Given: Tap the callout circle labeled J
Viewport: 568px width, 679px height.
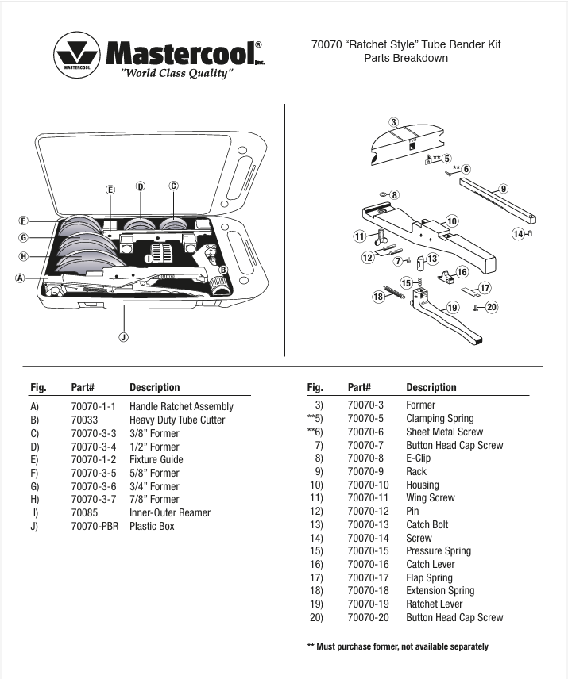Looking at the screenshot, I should coord(123,337).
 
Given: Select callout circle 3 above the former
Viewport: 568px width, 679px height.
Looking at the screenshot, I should coord(393,121).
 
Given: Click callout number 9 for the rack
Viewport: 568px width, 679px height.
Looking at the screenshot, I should coord(503,189).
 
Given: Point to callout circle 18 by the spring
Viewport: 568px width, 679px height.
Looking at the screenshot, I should coord(379,296).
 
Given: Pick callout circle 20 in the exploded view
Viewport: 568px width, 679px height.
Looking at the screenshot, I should coord(492,307).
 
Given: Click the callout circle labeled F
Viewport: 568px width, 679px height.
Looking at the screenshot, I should coord(24,221).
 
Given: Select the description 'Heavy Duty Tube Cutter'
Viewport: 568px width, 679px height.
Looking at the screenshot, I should coord(177,420).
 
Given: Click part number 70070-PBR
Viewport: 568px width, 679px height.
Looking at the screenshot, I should coord(94,526).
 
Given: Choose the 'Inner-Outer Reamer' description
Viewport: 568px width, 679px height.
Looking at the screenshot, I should coord(169,512).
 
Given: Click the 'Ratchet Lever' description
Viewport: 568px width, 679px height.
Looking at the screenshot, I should coord(434,604).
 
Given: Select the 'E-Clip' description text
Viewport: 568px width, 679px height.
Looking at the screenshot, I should coord(419,458).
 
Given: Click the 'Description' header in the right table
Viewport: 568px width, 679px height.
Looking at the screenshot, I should coord(431,387).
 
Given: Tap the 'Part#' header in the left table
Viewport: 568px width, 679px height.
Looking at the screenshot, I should coord(83,387).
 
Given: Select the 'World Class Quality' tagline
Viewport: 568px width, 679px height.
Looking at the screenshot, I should coord(176,73).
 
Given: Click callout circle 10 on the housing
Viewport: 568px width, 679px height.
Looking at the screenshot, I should coord(451,221).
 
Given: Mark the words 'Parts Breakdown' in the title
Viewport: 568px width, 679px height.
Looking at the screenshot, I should coord(406,58).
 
